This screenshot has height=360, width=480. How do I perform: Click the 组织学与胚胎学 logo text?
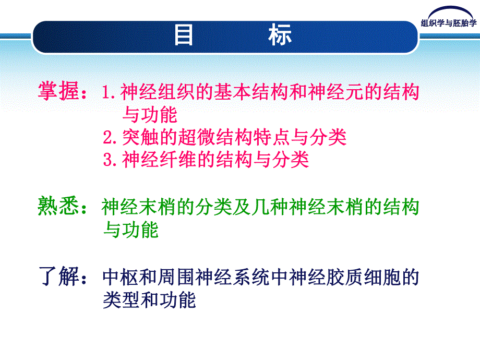click(x=449, y=22)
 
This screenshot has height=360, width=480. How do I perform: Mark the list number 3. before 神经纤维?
click(x=110, y=160)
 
